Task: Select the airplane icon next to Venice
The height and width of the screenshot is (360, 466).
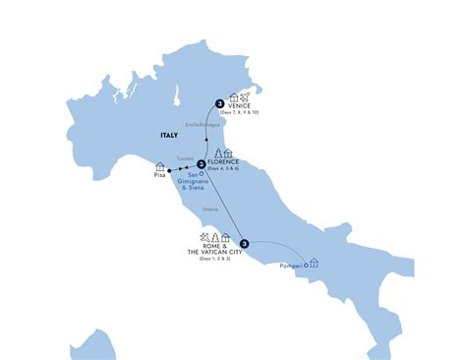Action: coord(247,99)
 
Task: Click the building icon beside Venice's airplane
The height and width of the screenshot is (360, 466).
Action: coord(234,99)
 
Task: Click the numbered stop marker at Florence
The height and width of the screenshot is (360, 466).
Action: coord(201,164)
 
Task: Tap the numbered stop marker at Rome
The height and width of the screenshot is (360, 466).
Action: coord(244,244)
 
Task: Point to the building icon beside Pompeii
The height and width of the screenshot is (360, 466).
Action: coord(313,263)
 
